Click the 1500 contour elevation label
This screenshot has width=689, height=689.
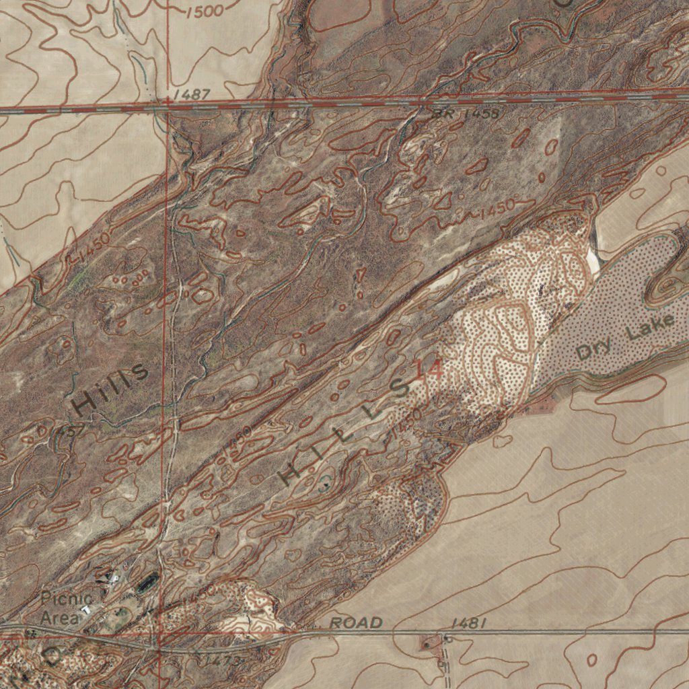tap(205, 11)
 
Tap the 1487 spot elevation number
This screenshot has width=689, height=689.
tap(190, 95)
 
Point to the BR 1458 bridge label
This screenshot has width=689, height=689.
tap(466, 114)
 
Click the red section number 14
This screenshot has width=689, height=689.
tap(429, 369)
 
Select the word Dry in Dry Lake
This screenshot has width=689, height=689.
tap(593, 349)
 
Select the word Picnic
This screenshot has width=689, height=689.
tap(67, 599)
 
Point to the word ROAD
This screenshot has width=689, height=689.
tap(356, 623)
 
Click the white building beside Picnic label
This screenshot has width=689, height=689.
tap(86, 609)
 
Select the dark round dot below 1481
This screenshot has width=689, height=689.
tap(425, 646)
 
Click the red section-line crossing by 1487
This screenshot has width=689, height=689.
tap(166, 107)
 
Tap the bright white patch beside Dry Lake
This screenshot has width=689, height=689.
tap(593, 259)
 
